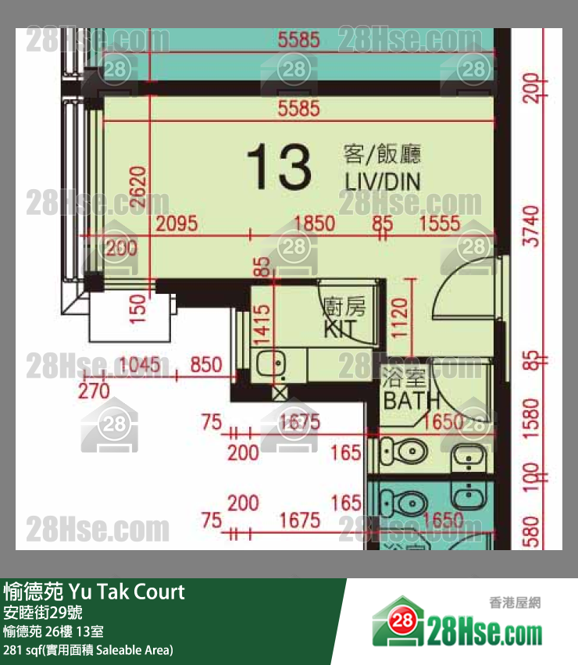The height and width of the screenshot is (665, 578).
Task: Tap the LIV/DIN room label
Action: (383, 182)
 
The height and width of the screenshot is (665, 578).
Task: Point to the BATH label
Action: (405, 401)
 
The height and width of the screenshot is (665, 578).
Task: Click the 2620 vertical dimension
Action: (137, 188)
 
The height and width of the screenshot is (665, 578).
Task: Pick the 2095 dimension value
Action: (177, 224)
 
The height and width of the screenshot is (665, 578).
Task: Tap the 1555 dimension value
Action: (440, 224)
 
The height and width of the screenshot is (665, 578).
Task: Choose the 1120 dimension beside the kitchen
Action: (399, 317)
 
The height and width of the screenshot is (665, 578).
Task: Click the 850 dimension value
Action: (206, 364)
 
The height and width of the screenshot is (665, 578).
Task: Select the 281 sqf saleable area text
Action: (88, 650)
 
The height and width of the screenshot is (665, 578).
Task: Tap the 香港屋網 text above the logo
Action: (515, 602)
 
